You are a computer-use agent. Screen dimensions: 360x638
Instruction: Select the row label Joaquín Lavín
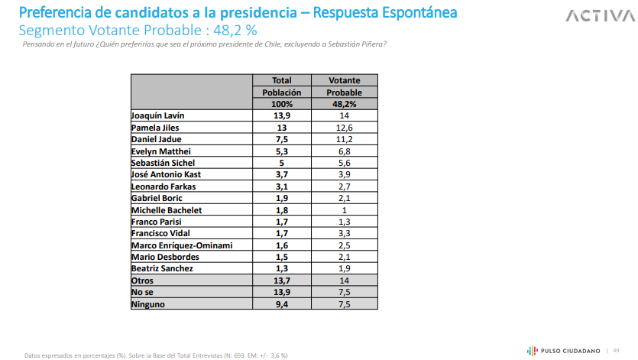click(x=158, y=115)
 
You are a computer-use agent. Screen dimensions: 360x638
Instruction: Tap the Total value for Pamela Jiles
click(x=282, y=128)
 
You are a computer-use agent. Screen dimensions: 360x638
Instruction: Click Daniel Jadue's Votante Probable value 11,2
click(x=344, y=139)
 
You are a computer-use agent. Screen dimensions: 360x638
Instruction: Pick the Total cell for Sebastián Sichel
click(x=282, y=163)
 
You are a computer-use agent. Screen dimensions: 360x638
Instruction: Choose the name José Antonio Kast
click(x=167, y=175)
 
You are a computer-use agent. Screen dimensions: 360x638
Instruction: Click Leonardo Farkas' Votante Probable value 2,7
click(x=344, y=186)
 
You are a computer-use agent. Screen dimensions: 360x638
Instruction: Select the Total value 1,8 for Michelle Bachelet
click(x=282, y=210)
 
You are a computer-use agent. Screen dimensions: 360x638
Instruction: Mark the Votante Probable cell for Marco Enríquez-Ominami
click(x=344, y=245)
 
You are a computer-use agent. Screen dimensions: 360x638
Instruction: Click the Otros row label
click(x=143, y=281)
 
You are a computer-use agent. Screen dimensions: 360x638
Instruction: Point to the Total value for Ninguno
click(x=282, y=304)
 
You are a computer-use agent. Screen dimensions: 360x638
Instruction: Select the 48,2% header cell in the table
click(x=344, y=103)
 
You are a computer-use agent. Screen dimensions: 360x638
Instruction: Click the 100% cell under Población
click(x=282, y=103)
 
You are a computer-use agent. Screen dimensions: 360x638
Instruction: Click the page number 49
click(x=616, y=350)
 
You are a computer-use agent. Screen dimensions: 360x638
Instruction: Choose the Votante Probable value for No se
click(x=344, y=293)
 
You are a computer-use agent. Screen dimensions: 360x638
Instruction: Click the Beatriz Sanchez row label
click(x=163, y=269)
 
